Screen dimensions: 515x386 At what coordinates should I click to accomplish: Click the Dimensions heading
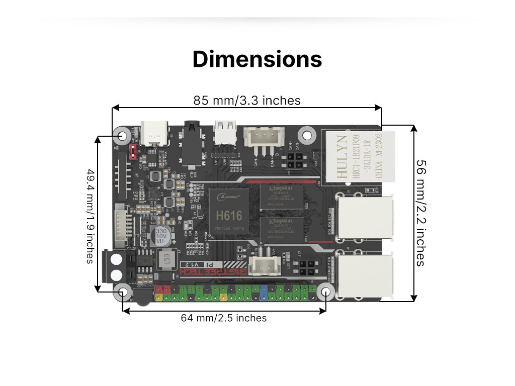[257, 59]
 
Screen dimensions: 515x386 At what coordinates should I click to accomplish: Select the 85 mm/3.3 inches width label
[247, 101]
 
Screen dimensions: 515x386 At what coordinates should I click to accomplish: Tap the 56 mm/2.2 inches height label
[420, 213]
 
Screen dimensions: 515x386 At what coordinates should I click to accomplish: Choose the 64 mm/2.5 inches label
[224, 318]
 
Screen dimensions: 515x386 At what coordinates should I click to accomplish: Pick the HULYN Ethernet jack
[358, 156]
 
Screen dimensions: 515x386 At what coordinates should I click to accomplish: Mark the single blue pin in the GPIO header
[264, 290]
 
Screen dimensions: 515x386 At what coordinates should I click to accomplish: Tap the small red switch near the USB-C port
[133, 151]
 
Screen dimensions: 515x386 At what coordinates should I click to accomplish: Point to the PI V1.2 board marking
[192, 264]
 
